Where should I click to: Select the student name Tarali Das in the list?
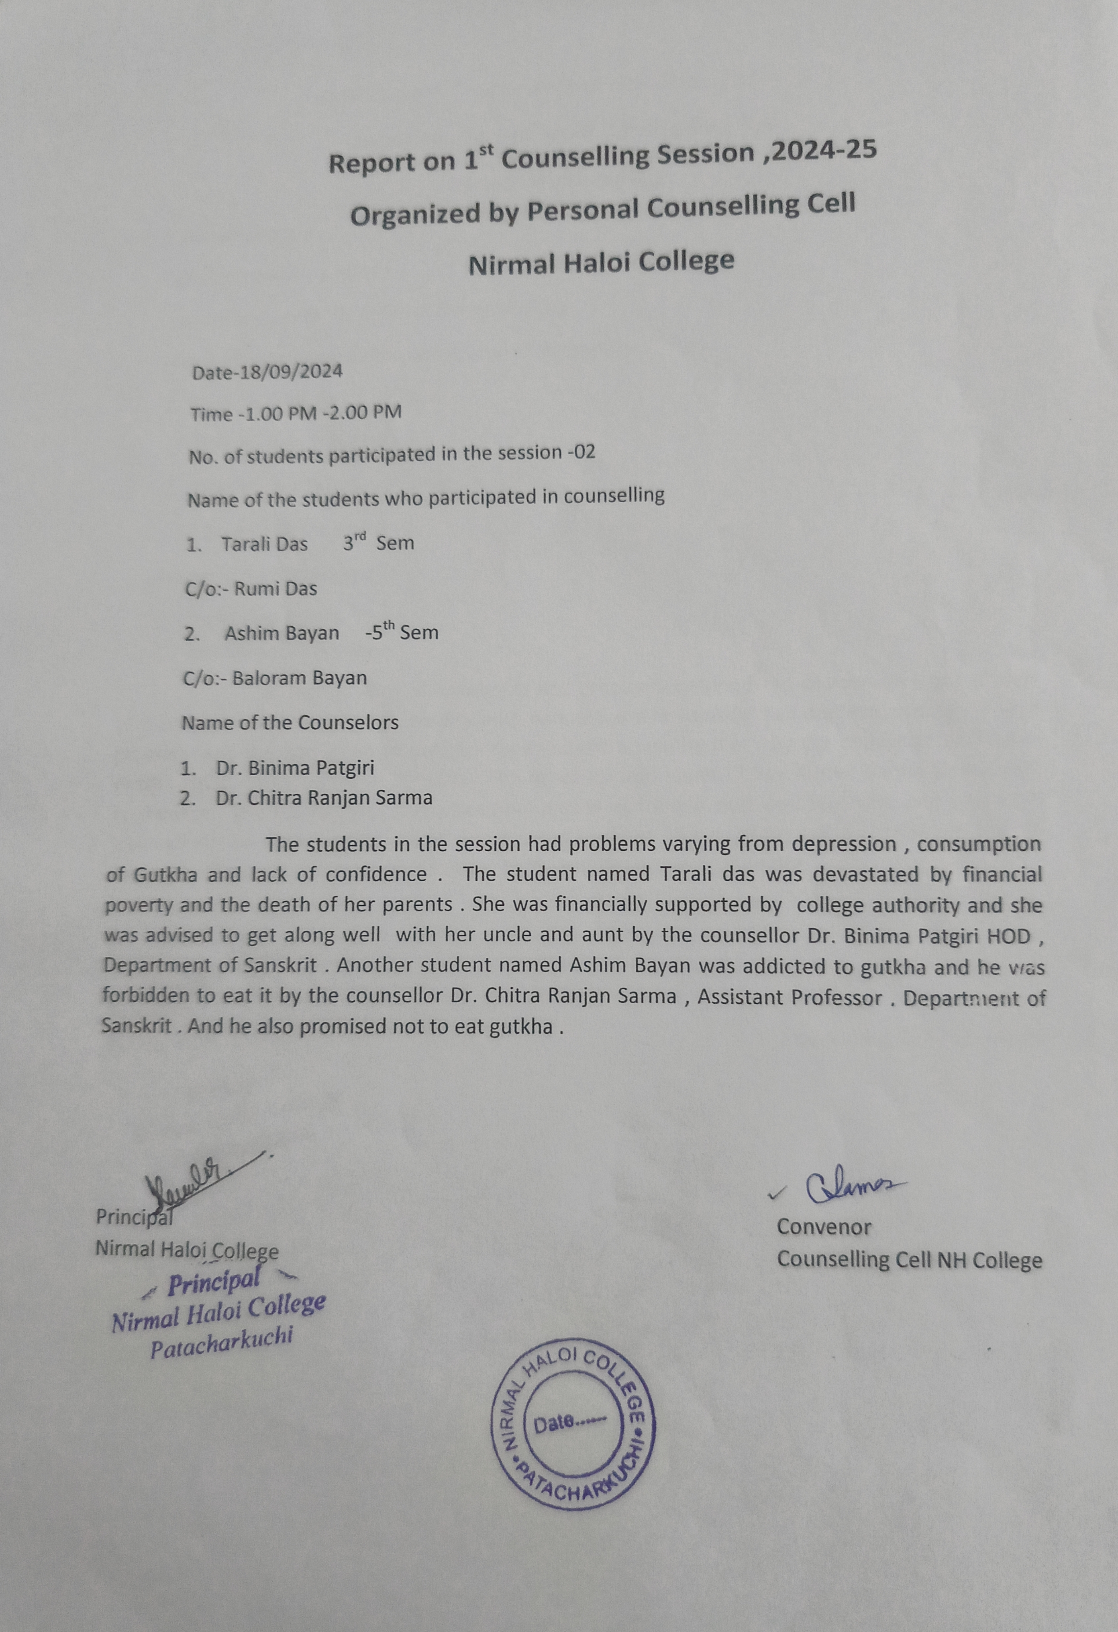(264, 544)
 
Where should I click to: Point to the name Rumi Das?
(275, 589)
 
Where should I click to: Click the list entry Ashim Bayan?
(282, 634)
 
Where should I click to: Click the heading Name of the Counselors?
(290, 723)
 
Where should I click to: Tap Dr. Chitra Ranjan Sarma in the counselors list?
(324, 798)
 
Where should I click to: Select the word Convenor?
(823, 1227)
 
